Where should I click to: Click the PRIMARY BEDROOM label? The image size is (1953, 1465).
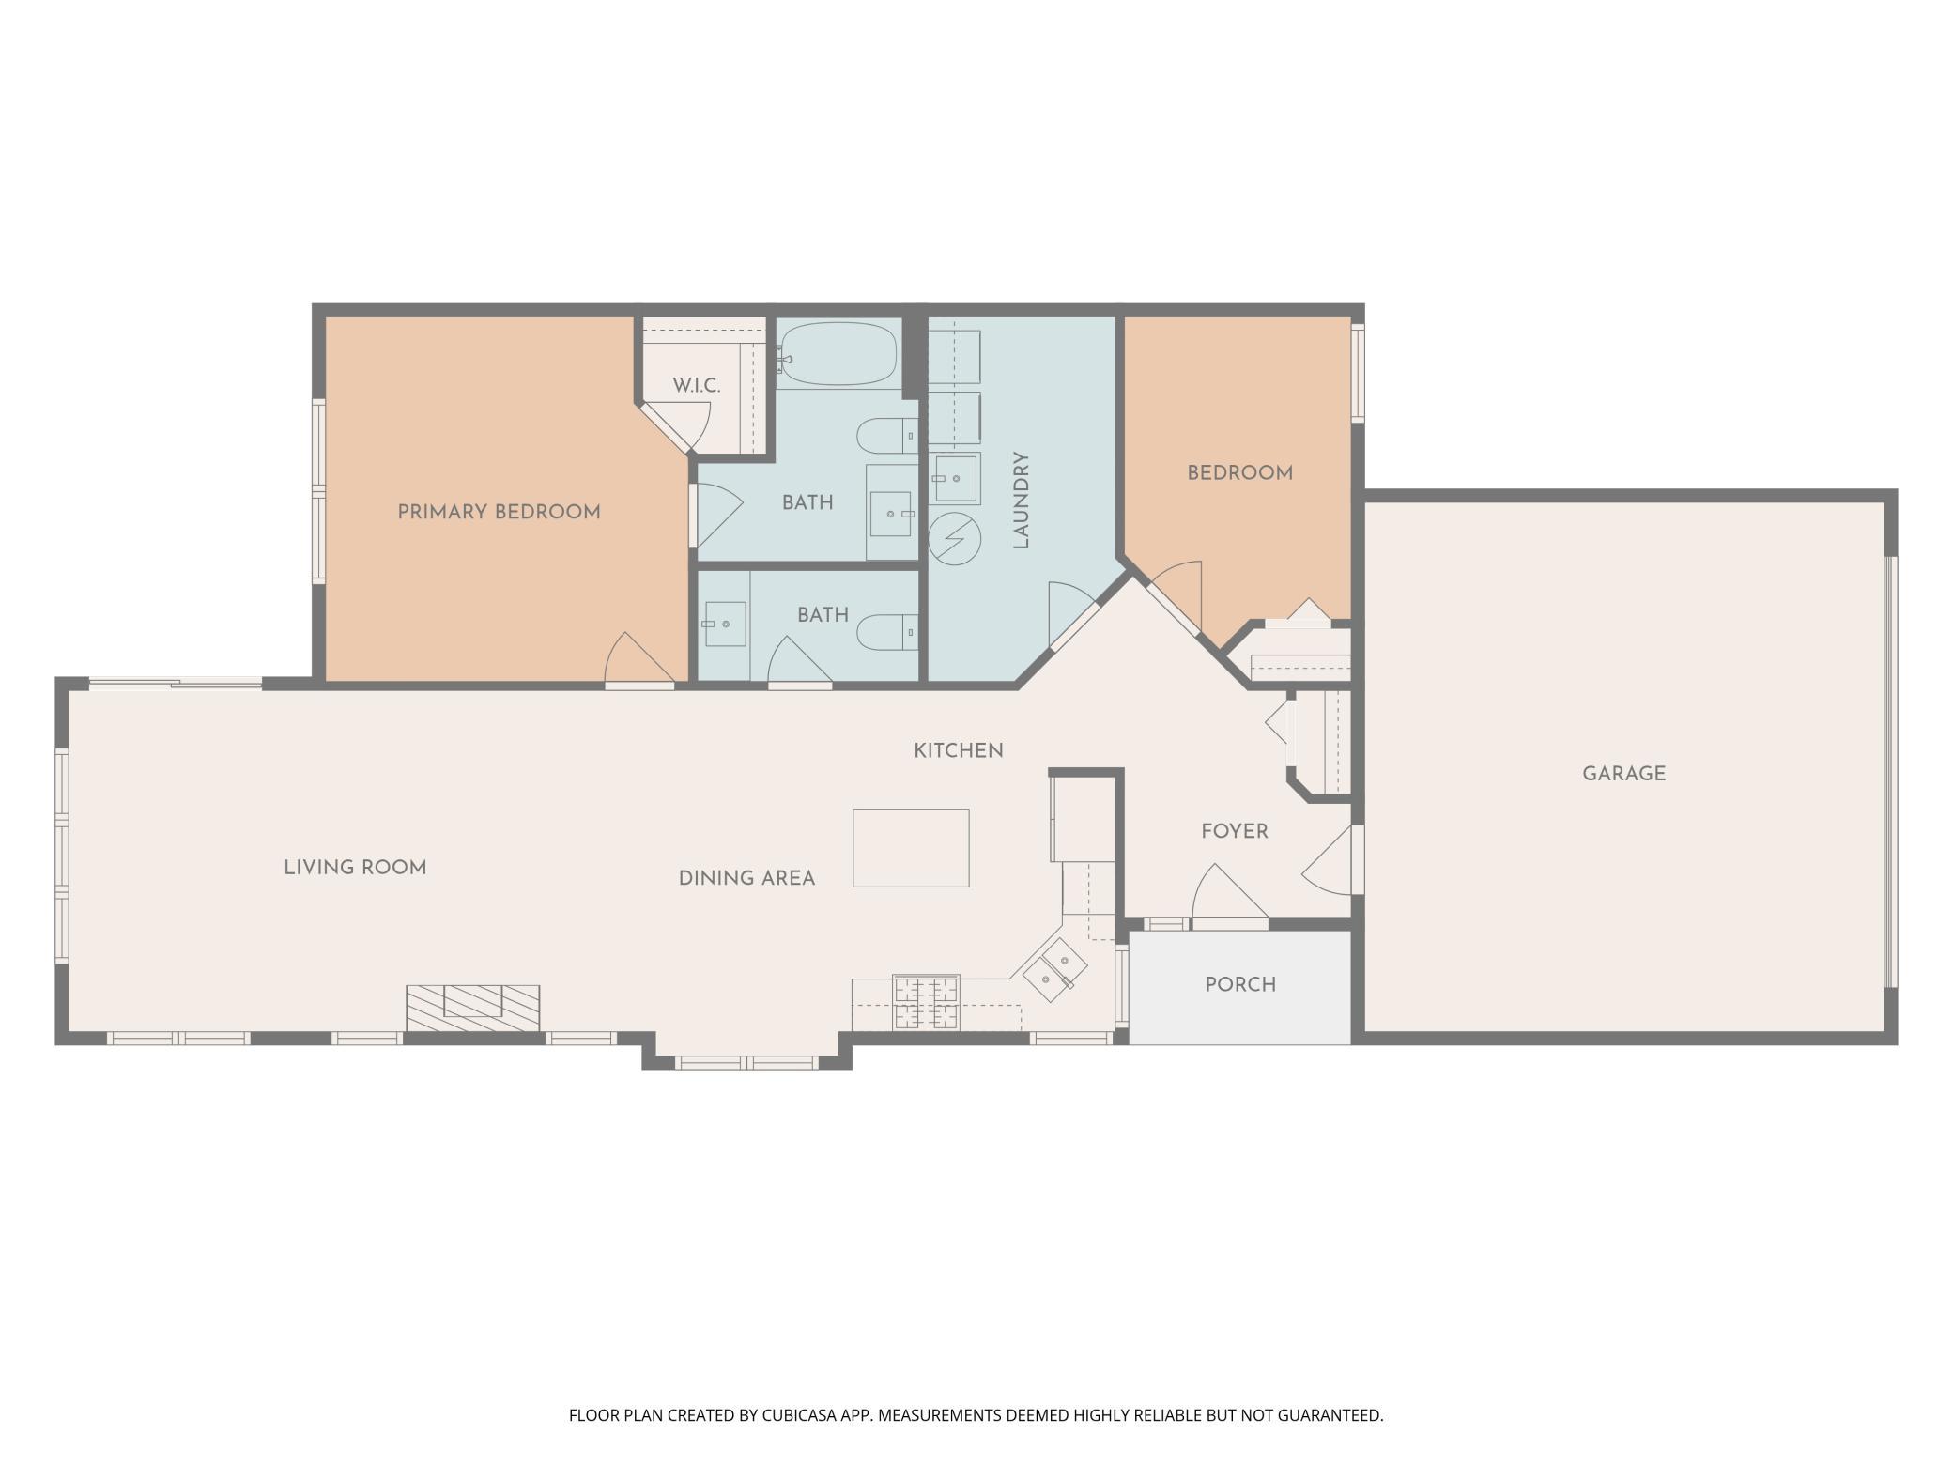coord(499,512)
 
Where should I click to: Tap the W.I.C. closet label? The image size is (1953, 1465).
coord(697,386)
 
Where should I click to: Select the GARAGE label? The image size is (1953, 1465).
coord(1623,774)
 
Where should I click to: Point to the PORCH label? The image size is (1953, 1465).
coord(1240,984)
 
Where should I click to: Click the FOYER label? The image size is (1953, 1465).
coord(1235,831)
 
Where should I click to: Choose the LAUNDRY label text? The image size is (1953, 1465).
coord(1022,501)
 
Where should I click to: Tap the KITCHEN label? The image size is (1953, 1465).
coord(959,750)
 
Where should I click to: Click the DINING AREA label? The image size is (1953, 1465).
coord(746,878)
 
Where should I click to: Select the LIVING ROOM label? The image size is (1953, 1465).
coord(355,867)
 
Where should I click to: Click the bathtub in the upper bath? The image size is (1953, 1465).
coord(837,354)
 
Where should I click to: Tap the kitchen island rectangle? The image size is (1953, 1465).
coord(911,847)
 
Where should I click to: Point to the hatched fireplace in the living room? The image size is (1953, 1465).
coord(472,1008)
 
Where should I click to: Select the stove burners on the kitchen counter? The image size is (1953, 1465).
coord(927,1002)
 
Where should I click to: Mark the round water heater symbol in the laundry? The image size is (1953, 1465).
coord(954,539)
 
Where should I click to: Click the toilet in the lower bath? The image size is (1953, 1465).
coord(888,631)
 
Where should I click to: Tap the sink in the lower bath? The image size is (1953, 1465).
coord(724,624)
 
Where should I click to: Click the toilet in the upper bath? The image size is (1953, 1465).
coord(887,436)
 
